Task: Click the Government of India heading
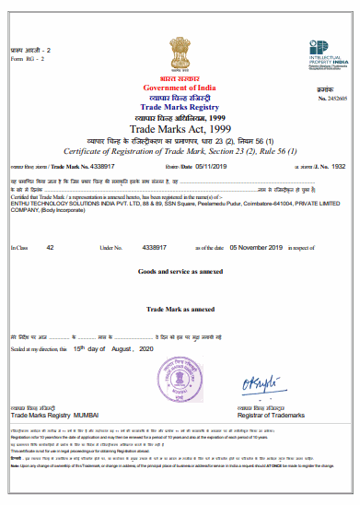click(x=180, y=87)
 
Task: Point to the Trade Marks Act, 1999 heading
click(x=180, y=130)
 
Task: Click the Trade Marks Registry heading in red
click(x=180, y=107)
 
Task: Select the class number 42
click(x=51, y=248)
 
